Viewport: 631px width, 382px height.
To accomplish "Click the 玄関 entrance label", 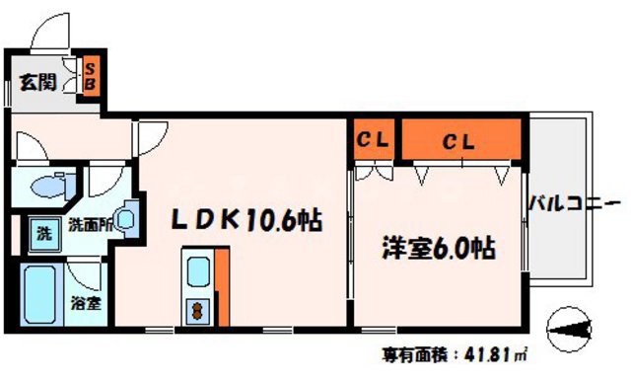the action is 37,83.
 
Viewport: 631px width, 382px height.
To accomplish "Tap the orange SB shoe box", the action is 89,76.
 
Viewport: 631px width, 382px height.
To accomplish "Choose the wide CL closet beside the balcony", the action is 458,140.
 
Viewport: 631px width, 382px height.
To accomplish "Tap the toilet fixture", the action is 55,186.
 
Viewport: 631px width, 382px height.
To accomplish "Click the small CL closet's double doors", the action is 371,171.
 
